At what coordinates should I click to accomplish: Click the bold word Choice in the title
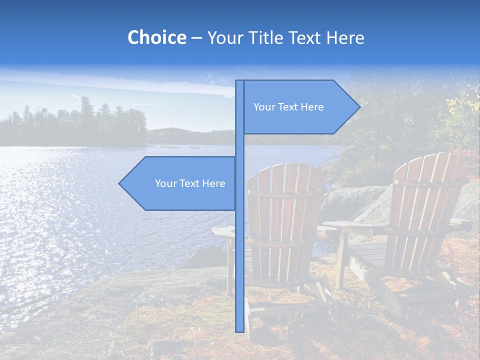click(x=156, y=37)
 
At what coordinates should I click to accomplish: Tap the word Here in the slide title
click(x=345, y=37)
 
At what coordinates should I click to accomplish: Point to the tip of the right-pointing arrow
click(x=359, y=106)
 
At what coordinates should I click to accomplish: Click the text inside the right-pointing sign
click(x=288, y=107)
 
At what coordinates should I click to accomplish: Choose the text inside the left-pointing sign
click(x=190, y=183)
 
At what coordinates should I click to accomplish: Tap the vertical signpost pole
click(x=239, y=250)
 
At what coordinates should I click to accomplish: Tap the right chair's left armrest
click(x=350, y=226)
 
